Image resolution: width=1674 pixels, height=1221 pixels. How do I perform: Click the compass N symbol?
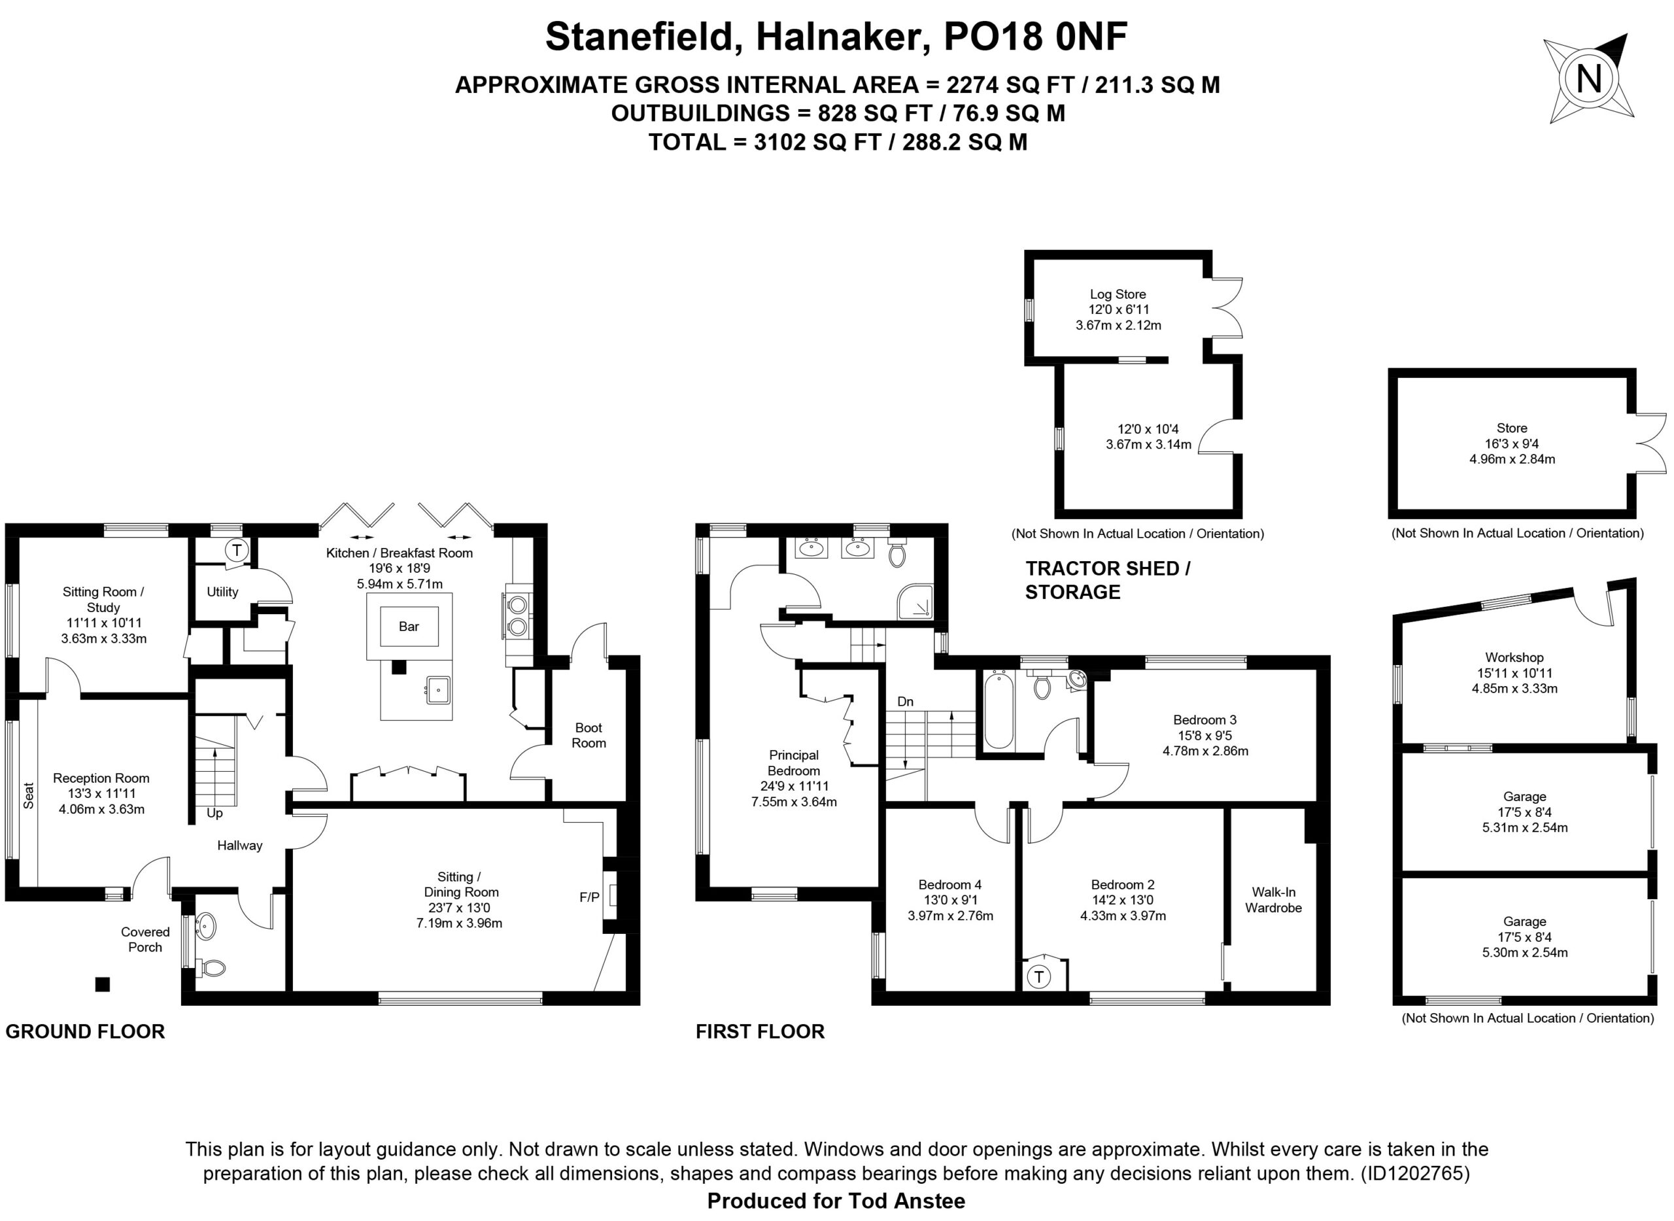coord(1589,78)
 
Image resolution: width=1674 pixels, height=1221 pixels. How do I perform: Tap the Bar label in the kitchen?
coord(409,627)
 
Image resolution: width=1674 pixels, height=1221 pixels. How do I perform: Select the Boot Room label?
coord(589,735)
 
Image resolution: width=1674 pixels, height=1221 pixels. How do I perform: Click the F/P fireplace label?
coord(589,897)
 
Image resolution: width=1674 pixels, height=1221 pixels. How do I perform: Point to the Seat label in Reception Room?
coord(29,795)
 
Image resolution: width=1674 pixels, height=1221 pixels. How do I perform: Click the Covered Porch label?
coord(145,939)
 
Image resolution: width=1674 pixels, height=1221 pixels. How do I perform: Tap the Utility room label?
coord(222,592)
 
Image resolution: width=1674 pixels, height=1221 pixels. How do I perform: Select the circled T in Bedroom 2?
coord(1039,977)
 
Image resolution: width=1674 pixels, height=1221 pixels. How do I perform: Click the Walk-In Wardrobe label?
coord(1273,899)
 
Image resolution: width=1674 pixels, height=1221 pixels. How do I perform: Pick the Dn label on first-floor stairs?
coord(906,702)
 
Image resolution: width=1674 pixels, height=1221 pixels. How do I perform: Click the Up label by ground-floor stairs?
coord(214,813)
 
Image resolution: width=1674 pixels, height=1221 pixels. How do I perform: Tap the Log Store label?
coord(1118,294)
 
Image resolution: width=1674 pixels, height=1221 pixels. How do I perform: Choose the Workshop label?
coord(1514,657)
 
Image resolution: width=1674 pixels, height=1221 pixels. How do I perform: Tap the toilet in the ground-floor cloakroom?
coord(213,967)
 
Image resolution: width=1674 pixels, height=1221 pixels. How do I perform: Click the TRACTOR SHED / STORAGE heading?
coord(1108,580)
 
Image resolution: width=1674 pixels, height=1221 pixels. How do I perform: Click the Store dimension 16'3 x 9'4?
coord(1511,443)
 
